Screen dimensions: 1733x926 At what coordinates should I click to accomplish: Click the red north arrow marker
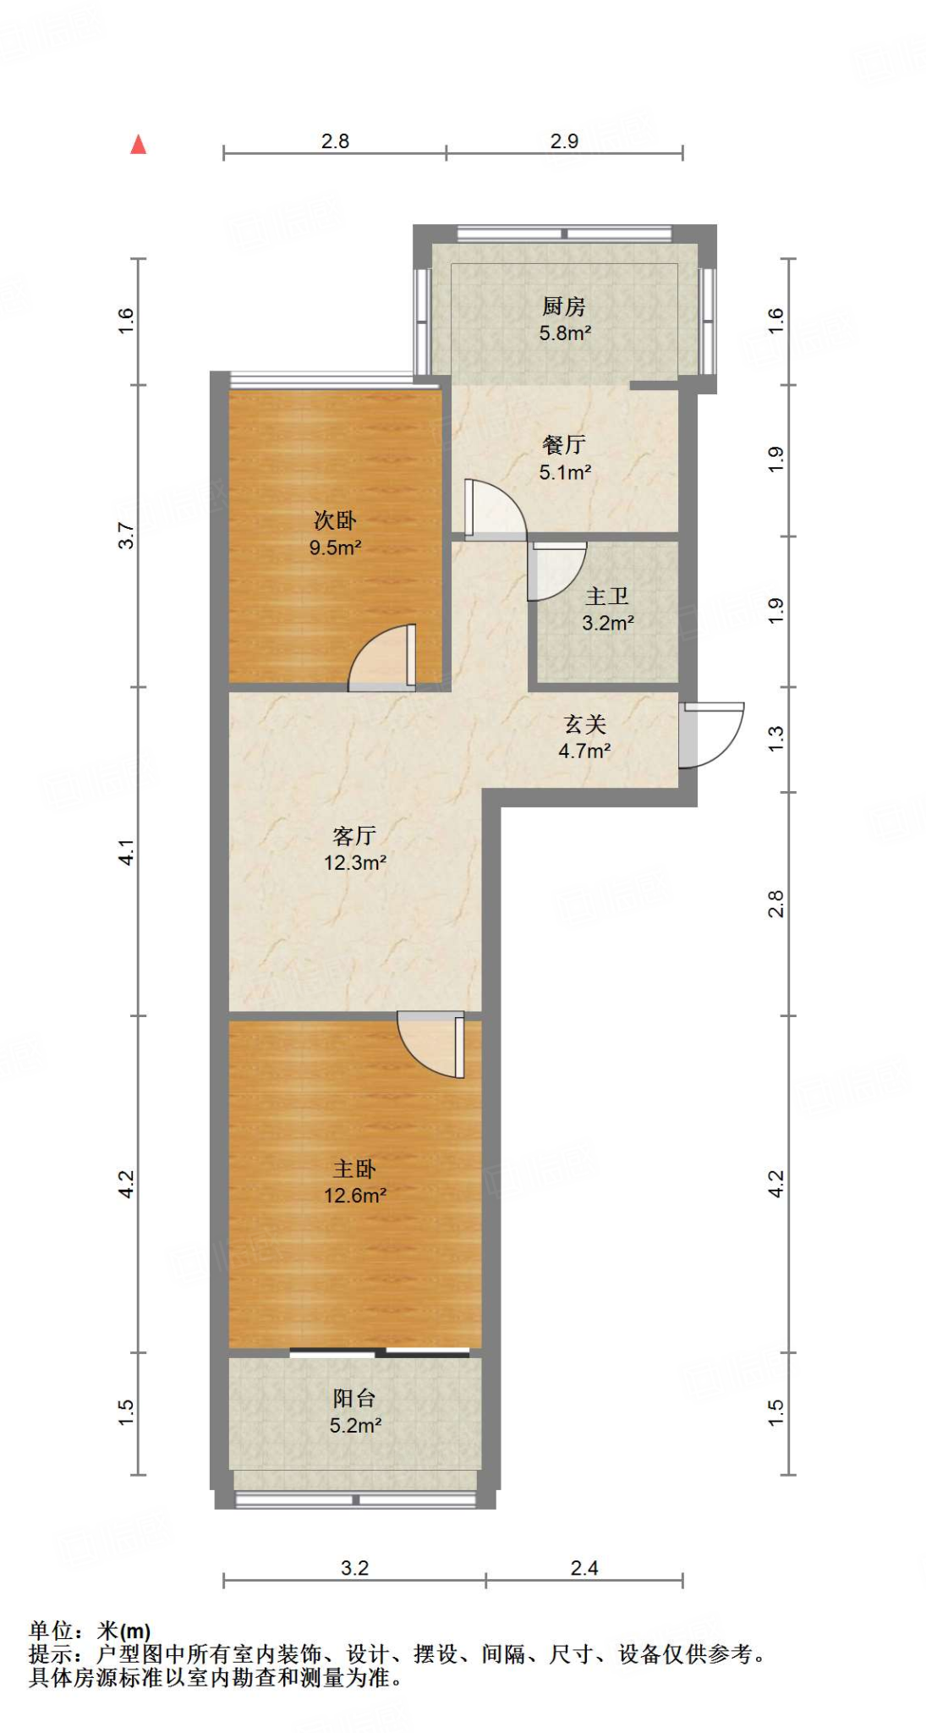pos(139,145)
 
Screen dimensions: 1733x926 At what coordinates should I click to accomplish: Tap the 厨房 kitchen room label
pos(564,306)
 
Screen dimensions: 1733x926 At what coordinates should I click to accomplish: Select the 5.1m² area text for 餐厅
pos(565,472)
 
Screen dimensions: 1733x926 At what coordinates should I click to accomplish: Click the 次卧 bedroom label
pos(335,520)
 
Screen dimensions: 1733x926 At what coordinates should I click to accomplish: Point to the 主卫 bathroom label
pos(607,597)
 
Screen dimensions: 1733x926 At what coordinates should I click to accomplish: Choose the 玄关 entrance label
pos(585,724)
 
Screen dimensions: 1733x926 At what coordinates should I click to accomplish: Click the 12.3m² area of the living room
pos(355,863)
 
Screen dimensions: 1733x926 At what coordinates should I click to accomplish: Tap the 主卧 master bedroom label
pos(354,1169)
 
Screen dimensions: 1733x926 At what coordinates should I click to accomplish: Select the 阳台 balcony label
pos(354,1399)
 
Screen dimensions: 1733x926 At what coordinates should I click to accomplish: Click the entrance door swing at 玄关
pos(712,734)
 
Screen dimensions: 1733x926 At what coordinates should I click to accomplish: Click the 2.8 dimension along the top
pos(335,141)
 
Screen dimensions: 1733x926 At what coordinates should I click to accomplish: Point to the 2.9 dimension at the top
pos(564,141)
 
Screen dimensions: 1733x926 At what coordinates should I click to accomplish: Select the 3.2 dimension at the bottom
pos(354,1568)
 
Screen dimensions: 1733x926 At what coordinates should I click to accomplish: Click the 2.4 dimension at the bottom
pos(584,1568)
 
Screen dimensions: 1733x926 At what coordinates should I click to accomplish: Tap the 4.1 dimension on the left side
pos(126,851)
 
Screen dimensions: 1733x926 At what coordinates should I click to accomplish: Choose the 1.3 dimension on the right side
pos(775,738)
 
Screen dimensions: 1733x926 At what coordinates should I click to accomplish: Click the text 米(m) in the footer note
pos(124,1631)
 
